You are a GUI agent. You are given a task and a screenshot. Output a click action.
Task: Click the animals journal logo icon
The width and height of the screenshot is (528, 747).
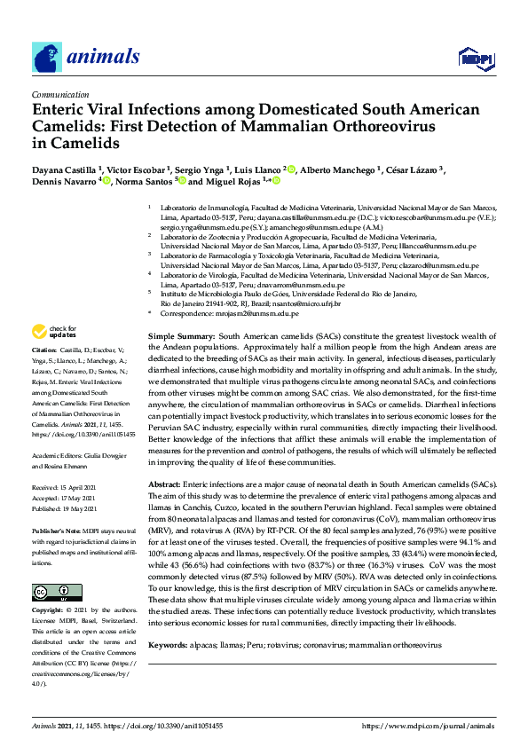(x=47, y=58)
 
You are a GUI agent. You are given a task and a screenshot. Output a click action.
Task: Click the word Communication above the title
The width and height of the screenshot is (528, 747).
(x=60, y=93)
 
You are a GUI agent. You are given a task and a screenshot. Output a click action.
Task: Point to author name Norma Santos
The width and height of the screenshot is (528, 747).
(x=142, y=181)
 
